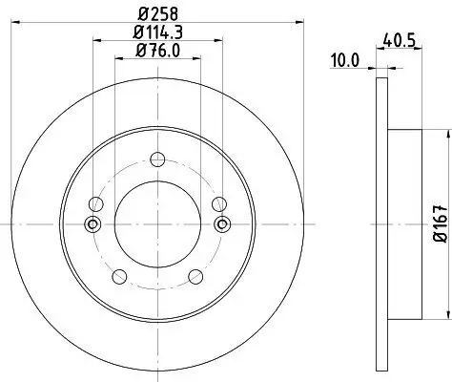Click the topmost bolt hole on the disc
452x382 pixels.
pyautogui.click(x=158, y=160)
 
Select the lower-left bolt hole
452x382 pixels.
pyautogui.click(x=119, y=276)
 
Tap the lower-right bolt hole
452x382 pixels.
pyautogui.click(x=195, y=276)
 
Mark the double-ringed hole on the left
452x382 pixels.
pyautogui.click(x=92, y=225)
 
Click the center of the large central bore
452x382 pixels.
pyautogui.click(x=158, y=225)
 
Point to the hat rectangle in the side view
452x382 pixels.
pyautogui.click(x=404, y=225)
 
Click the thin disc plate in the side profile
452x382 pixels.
pyautogui.click(x=382, y=225)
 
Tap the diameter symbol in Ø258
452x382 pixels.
pyautogui.click(x=143, y=12)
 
